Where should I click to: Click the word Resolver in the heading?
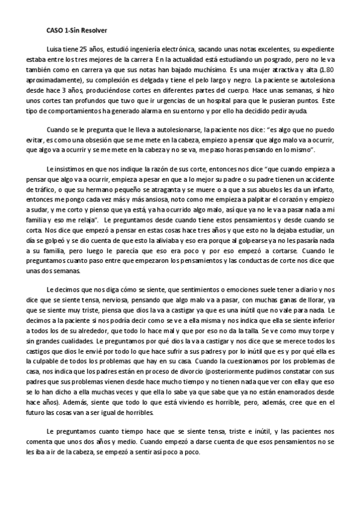click(x=94, y=28)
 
